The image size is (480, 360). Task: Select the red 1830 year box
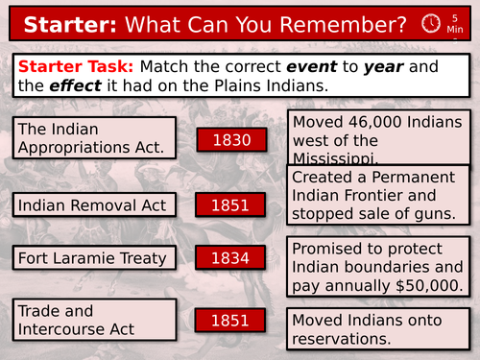point(231,141)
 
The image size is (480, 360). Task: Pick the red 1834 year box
point(231,257)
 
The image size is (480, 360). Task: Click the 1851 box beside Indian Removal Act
point(231,204)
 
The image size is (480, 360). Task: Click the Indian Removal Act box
point(95,204)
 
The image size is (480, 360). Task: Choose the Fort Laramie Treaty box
point(95,257)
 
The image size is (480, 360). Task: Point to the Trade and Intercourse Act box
point(95,319)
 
